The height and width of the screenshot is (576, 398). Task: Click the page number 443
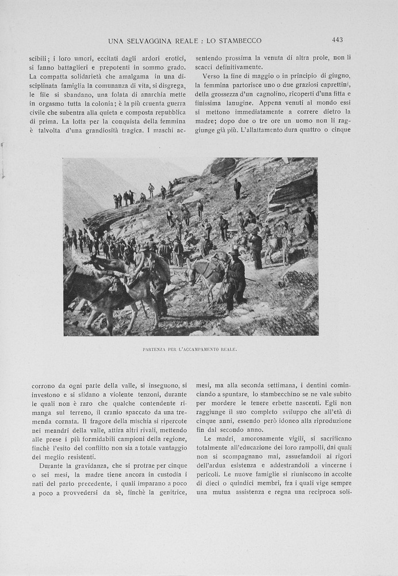click(x=337, y=40)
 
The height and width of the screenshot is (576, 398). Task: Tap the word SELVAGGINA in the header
click(x=144, y=40)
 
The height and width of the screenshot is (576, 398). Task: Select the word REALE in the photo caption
click(x=229, y=350)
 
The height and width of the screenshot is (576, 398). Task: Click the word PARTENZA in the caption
click(x=155, y=350)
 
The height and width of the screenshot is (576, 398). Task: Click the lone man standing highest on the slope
click(x=238, y=188)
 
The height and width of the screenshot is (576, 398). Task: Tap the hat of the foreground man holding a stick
click(x=234, y=252)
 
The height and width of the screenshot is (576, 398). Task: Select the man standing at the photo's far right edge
click(x=311, y=221)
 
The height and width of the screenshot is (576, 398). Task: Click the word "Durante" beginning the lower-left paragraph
click(x=52, y=465)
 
